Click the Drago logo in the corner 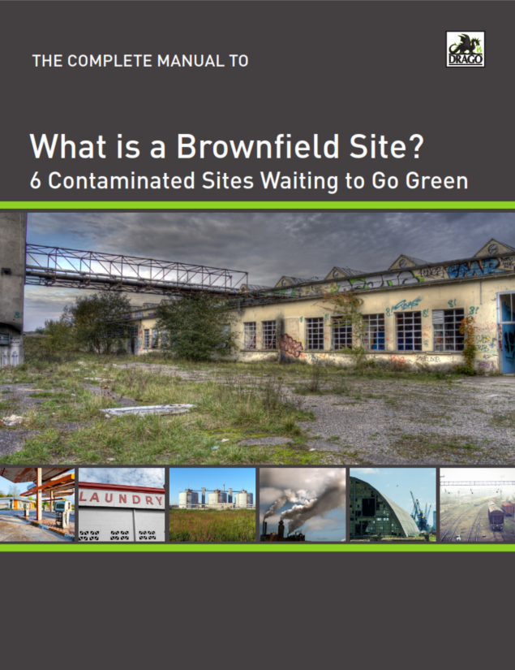(x=466, y=49)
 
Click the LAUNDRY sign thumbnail (x=121, y=504)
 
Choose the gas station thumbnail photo (x=37, y=504)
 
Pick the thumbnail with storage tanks (x=212, y=504)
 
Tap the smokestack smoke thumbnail (x=303, y=504)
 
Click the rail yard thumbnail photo (x=477, y=504)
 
